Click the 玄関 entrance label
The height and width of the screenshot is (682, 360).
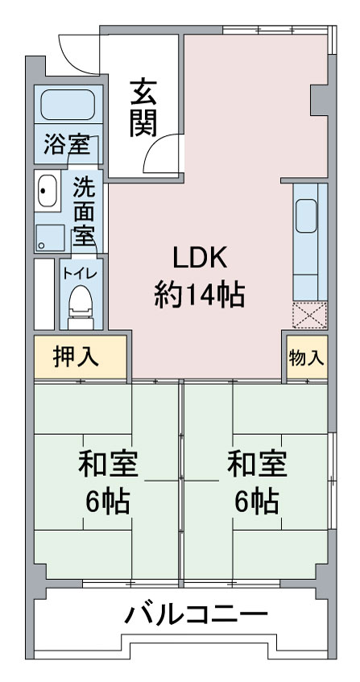pos(143,107)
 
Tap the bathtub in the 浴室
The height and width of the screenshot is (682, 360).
pos(68,105)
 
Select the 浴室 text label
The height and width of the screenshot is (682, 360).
pos(67,145)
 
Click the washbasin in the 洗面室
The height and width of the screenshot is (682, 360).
pos(47,191)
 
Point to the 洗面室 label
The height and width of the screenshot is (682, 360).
pos(84,212)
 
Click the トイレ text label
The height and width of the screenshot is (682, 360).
pos(81,274)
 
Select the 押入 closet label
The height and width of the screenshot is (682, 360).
pos(76,357)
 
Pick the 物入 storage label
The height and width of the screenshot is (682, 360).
pos(307,358)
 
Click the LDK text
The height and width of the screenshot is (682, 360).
pos(200,258)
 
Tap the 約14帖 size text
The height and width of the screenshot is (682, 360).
pos(200,296)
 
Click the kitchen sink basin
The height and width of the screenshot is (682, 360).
pos(306,216)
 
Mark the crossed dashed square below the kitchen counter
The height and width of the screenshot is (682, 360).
pos(309,314)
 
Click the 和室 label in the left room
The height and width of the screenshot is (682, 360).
pos(108,465)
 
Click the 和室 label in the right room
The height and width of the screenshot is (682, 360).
pos(258,465)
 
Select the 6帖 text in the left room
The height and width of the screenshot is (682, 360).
pos(108,502)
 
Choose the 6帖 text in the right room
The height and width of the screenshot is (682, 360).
pos(257,502)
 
